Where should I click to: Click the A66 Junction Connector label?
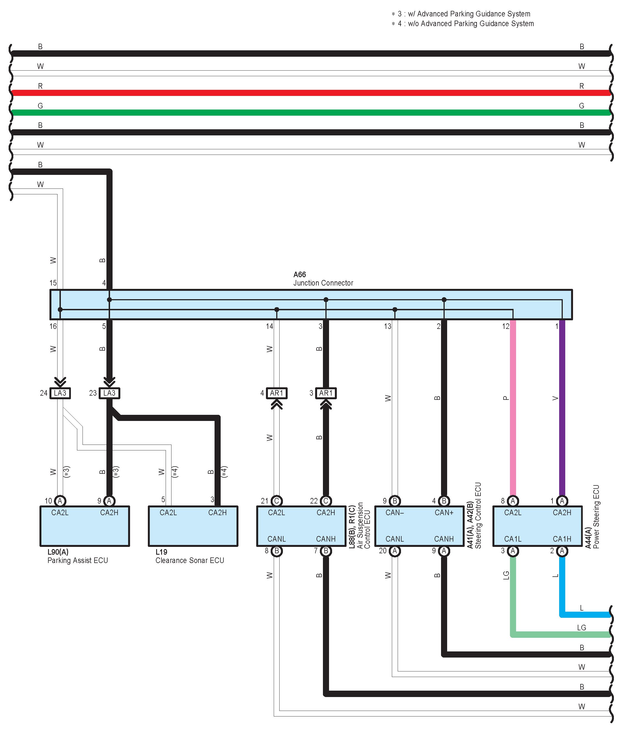(323, 279)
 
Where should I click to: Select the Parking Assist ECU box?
(85, 526)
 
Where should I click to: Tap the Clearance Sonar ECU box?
(193, 526)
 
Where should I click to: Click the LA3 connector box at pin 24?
(60, 393)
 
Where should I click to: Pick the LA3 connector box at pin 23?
(109, 393)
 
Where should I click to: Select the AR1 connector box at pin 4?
(277, 393)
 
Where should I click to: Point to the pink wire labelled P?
(513, 407)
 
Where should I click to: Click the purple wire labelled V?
(562, 407)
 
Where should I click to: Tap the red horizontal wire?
(312, 93)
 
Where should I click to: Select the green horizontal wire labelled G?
(312, 113)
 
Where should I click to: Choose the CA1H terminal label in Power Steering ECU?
(562, 539)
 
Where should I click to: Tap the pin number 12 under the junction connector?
(506, 326)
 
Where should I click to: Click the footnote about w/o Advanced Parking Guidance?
(463, 24)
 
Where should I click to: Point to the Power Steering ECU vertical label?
(596, 517)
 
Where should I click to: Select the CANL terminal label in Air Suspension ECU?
(277, 539)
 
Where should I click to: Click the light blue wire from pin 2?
(562, 584)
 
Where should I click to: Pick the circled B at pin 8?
(277, 551)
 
